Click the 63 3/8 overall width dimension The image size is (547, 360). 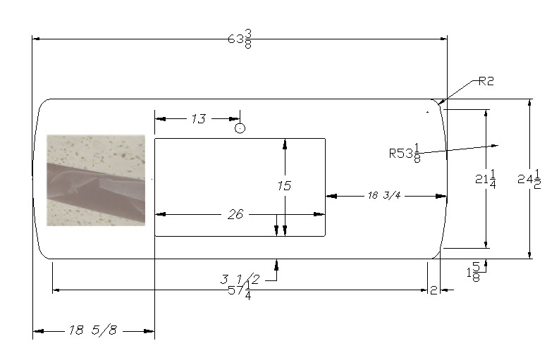click(x=240, y=39)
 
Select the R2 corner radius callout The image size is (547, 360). click(x=486, y=81)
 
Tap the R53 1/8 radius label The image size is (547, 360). click(x=405, y=153)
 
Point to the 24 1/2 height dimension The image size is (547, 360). click(x=529, y=179)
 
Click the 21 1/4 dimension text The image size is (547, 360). click(x=485, y=179)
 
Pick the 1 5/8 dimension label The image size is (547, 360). click(x=474, y=272)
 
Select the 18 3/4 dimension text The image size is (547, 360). click(x=383, y=195)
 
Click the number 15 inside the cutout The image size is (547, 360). click(x=284, y=186)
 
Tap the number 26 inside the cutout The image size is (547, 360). click(x=235, y=214)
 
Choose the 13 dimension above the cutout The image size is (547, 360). click(x=199, y=119)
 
